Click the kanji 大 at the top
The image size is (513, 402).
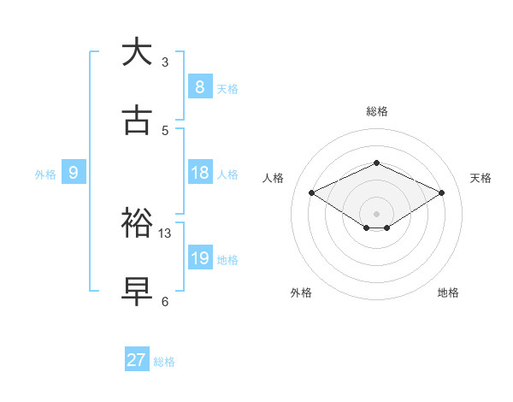point(137,53)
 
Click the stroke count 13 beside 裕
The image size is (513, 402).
point(165,233)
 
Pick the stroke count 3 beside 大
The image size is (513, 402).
point(165,62)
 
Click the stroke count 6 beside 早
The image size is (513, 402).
point(165,301)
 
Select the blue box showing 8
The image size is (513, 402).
point(199,87)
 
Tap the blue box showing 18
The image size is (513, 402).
point(200,173)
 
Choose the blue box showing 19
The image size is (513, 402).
point(200,258)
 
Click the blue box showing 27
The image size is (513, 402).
point(137,360)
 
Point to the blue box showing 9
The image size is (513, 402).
point(74,173)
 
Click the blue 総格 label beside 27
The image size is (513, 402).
point(164,362)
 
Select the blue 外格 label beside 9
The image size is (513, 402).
point(45,174)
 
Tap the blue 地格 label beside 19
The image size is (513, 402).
point(228,260)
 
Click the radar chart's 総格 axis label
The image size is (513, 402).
point(376,111)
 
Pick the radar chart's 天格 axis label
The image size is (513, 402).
point(481,178)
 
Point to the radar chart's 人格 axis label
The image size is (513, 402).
point(273,178)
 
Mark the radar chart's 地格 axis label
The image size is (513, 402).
point(448,293)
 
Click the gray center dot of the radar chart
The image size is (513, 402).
point(376,213)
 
